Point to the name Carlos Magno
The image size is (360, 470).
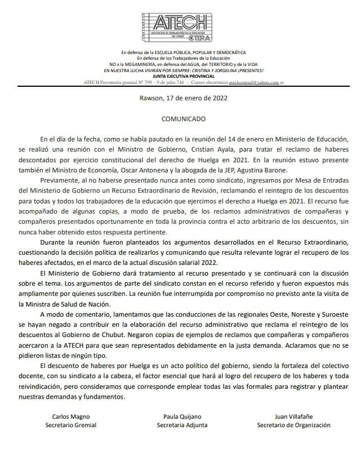[71, 416]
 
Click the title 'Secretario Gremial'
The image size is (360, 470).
[71, 425]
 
